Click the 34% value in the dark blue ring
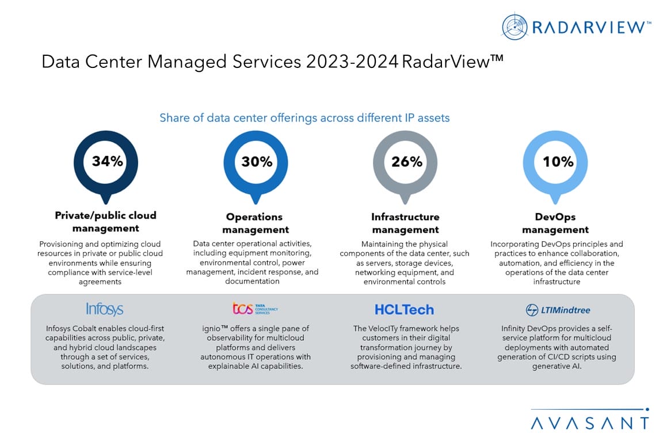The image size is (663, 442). [108, 161]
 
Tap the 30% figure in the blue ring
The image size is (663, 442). [257, 162]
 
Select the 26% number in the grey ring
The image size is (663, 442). [406, 162]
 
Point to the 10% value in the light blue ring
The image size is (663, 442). [558, 162]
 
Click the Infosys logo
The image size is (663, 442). [105, 309]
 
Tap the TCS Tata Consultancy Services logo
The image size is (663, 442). [255, 309]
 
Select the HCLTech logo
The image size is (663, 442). [404, 310]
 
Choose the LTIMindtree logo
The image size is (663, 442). [558, 310]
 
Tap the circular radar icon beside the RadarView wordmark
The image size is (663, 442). [515, 27]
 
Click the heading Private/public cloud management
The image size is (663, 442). [105, 222]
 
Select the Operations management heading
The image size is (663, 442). [254, 223]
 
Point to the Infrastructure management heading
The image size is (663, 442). [405, 223]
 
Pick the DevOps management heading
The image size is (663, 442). [555, 223]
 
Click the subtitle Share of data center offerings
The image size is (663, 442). [304, 118]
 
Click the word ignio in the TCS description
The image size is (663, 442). [210, 329]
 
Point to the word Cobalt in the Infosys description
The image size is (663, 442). [90, 329]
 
